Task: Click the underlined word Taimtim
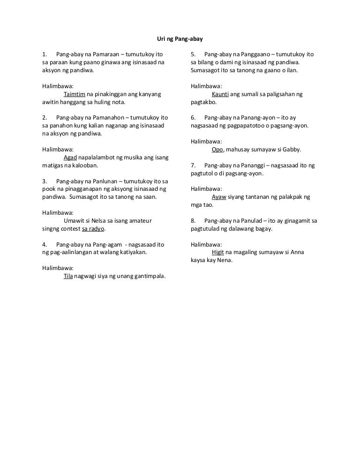(x=74, y=94)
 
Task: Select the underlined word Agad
(x=70, y=157)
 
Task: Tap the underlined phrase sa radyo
(x=93, y=229)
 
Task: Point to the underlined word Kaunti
(x=220, y=94)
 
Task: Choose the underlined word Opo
(x=217, y=150)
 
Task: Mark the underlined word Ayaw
(x=219, y=197)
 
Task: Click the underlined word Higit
(x=218, y=252)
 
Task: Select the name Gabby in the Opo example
(x=292, y=150)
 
